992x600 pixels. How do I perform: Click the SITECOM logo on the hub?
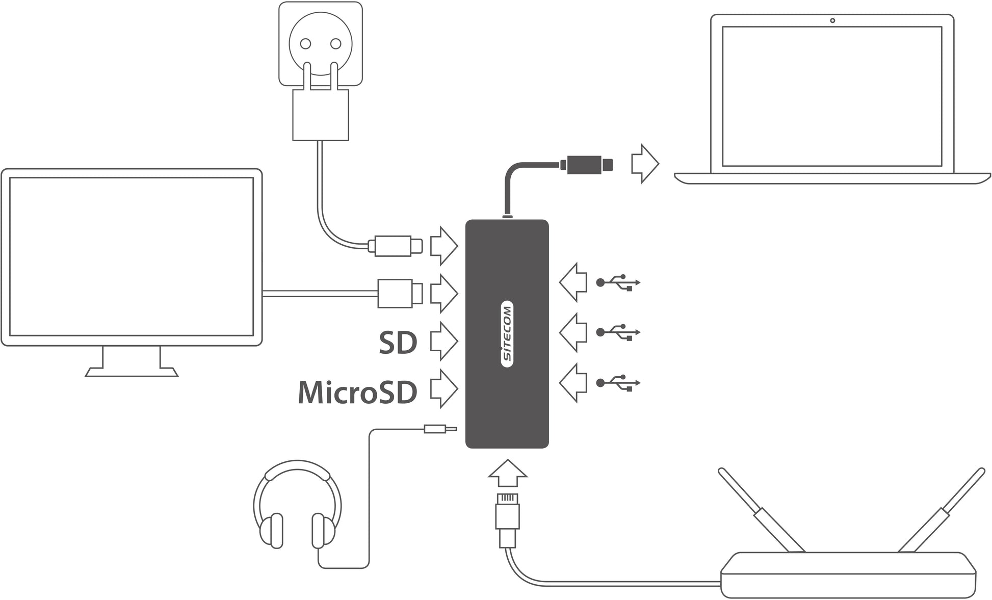click(x=507, y=333)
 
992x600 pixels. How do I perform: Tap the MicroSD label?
click(x=357, y=393)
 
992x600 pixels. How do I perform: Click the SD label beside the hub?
click(x=398, y=343)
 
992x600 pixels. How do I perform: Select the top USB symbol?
click(x=618, y=282)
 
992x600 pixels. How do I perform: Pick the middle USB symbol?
click(x=618, y=332)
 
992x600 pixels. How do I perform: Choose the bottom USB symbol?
click(x=618, y=382)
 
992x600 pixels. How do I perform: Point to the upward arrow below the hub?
click(x=507, y=474)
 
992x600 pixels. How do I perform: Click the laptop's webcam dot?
click(x=832, y=21)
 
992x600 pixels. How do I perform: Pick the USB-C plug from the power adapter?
click(x=396, y=246)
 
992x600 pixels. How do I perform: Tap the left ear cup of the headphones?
click(x=272, y=530)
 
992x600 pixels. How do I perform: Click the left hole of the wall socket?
click(x=305, y=44)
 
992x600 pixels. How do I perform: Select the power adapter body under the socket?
click(x=320, y=115)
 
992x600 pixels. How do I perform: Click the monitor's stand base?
click(x=132, y=372)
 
